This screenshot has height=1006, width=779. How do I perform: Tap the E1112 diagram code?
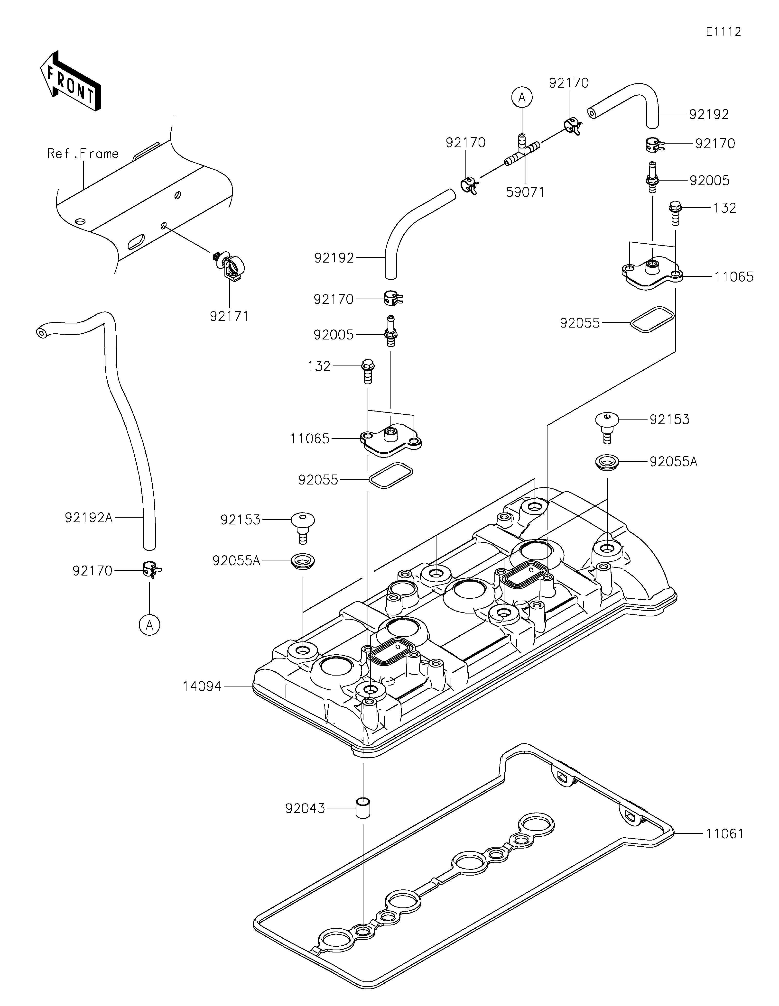pyautogui.click(x=723, y=32)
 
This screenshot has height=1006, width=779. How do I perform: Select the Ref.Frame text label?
pyautogui.click(x=83, y=153)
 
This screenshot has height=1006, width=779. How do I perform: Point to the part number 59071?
pyautogui.click(x=525, y=192)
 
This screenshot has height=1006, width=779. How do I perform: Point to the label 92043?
pyautogui.click(x=305, y=808)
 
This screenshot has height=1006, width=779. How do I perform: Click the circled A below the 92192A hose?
pyautogui.click(x=149, y=625)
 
